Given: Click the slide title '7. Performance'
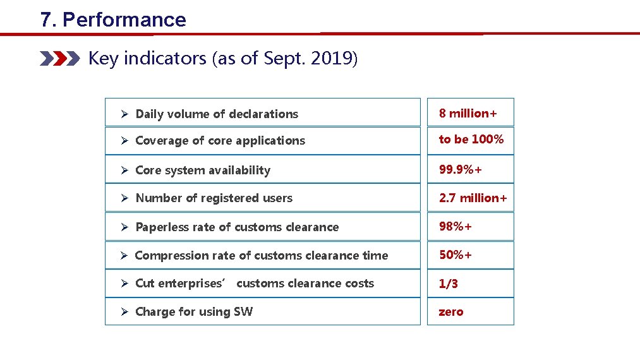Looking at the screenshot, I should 113,20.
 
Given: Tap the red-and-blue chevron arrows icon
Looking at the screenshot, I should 60,59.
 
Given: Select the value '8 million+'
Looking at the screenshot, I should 468,113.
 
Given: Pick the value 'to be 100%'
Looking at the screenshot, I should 471,139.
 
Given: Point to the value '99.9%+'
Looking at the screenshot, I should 464,169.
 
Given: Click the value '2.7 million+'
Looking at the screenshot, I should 473,198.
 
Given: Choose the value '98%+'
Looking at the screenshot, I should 456,226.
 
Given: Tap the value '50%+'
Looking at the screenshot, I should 456,255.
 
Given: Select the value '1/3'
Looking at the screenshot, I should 449,284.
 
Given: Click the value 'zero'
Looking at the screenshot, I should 451,311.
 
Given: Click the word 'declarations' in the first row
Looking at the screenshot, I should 263,114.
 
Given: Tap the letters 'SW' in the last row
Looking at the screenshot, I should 243,311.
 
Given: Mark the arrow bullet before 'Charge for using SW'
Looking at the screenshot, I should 125,311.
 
